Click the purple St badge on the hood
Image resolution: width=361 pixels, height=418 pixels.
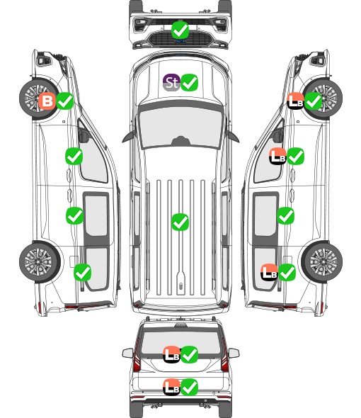[171, 82]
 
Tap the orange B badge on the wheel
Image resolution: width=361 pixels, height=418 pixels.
[47, 101]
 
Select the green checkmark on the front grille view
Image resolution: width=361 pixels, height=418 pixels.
[180, 30]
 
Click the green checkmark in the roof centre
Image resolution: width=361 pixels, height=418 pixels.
[180, 222]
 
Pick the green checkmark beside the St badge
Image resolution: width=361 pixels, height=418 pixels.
[190, 82]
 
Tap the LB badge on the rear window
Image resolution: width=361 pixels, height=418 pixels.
[171, 354]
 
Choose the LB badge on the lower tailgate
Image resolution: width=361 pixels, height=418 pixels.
[171, 387]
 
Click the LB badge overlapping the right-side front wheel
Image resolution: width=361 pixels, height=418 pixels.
[295, 101]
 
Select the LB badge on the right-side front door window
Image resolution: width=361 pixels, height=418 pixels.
[277, 156]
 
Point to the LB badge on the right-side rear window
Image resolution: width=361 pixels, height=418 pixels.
[269, 272]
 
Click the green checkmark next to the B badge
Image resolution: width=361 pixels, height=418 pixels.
[65, 101]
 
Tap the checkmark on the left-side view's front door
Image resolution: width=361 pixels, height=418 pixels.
[74, 156]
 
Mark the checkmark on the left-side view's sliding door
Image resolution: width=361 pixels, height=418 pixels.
[74, 215]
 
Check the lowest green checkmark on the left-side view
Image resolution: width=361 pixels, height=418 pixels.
[83, 272]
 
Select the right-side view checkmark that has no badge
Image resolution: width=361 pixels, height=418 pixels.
[285, 215]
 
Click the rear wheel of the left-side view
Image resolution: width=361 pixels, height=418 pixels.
[40, 262]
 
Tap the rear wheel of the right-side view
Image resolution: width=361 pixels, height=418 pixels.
[322, 262]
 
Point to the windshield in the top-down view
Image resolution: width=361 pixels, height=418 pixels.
[180, 128]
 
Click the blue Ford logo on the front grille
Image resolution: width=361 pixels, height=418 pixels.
[180, 41]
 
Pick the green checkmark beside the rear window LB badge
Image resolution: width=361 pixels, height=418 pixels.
[190, 354]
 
